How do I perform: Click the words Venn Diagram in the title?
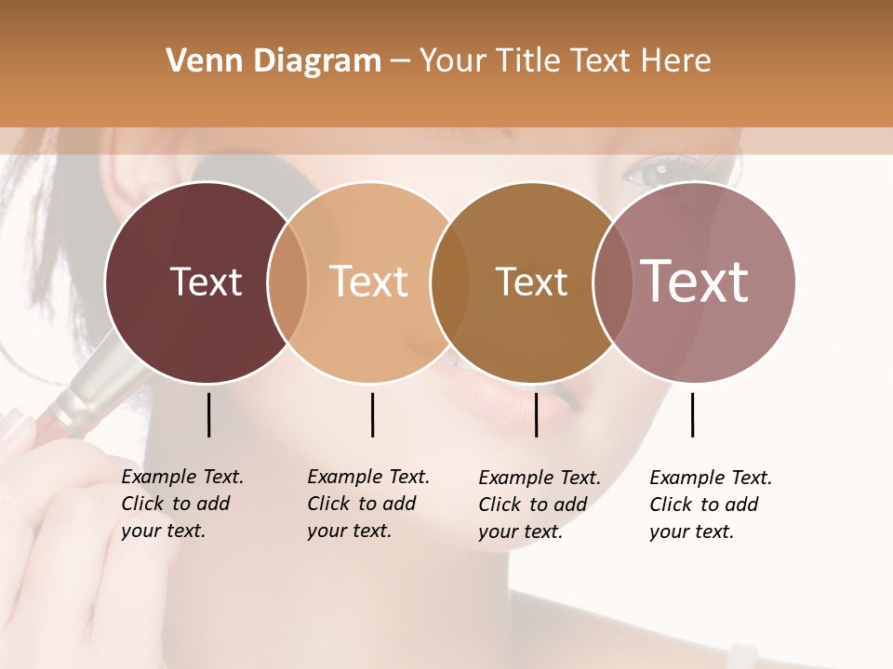click(x=273, y=61)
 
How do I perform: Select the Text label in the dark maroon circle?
click(x=206, y=282)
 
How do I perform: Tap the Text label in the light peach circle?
click(x=369, y=282)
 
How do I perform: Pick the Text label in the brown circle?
click(x=531, y=282)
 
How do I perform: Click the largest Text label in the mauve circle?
click(x=695, y=282)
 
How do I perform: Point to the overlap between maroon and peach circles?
click(x=287, y=282)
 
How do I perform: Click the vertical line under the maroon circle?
click(x=208, y=414)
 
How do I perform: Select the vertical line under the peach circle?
click(x=372, y=414)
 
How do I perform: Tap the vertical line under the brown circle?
click(x=536, y=414)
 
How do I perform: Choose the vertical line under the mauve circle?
click(x=692, y=414)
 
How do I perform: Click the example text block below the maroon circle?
click(x=181, y=504)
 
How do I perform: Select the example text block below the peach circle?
click(x=367, y=504)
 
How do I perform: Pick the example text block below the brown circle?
click(x=539, y=505)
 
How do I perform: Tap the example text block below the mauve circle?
click(x=710, y=505)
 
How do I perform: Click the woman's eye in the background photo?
click(x=657, y=172)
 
